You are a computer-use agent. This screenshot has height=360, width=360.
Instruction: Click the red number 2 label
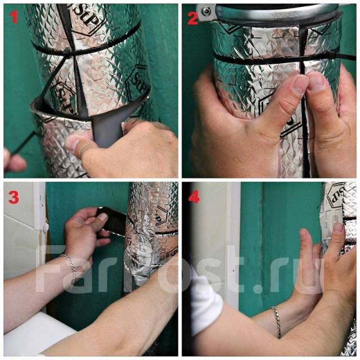[193, 19]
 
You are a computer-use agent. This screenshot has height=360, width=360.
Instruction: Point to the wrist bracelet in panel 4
[276, 322]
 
